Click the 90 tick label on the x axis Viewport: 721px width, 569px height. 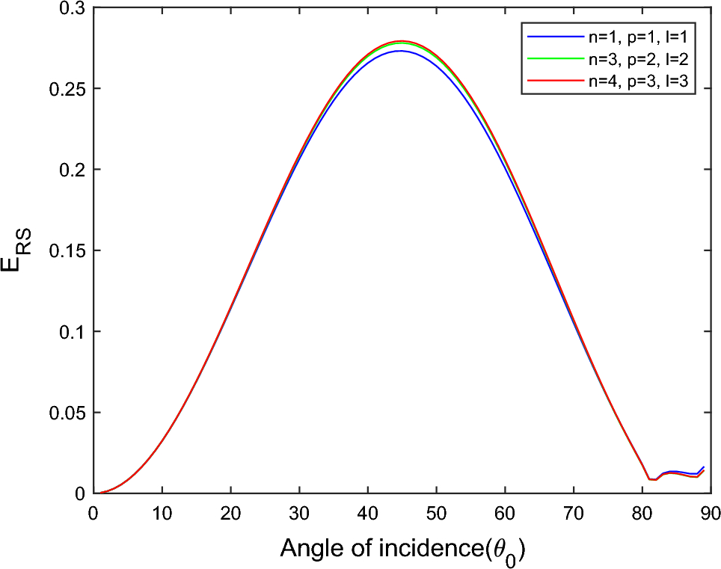[x=711, y=513]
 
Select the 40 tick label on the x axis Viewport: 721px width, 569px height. [x=368, y=513]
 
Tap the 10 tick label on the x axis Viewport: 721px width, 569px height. [x=162, y=513]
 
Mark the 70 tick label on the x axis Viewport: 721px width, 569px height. [x=574, y=513]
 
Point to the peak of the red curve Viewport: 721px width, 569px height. [x=402, y=40]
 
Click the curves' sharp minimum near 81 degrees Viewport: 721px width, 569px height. [x=649, y=479]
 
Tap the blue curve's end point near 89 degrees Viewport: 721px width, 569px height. [x=704, y=467]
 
